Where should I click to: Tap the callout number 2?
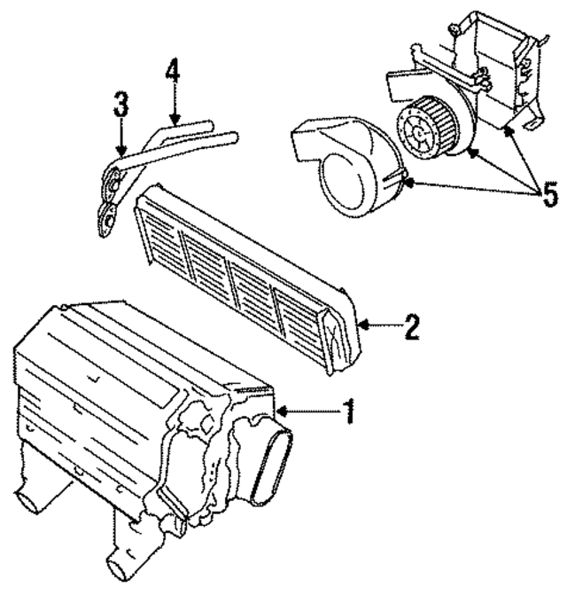coord(410,327)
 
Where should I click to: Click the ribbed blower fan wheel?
coord(424,129)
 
